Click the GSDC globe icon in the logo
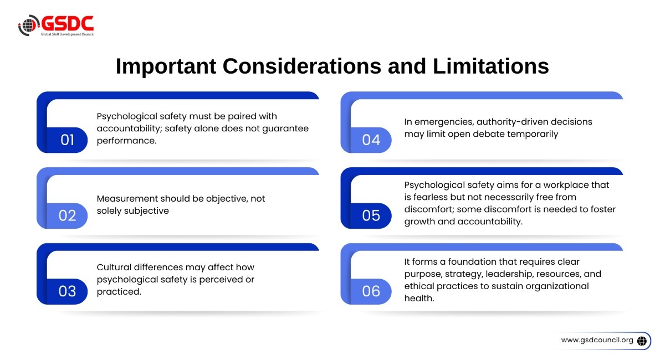coord(28,25)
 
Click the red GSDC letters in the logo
coord(68,23)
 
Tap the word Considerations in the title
coord(301,66)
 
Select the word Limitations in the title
coord(491,66)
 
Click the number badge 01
coord(67,140)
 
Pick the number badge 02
coord(67,216)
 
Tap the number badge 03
coord(67,291)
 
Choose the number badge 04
coord(371,140)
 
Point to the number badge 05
coord(371,216)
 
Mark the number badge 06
coord(371,291)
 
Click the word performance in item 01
coord(126,141)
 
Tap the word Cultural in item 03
coord(114,267)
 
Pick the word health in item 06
coord(419,299)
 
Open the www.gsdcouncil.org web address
coord(597,340)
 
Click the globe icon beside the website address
coord(642,341)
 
